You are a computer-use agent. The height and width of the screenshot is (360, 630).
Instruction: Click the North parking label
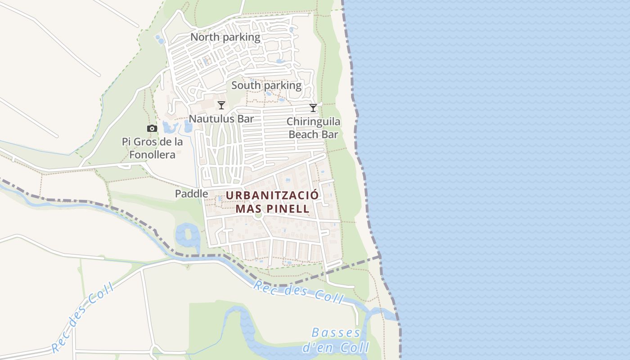[225, 37]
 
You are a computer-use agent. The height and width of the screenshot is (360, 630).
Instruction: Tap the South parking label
[266, 85]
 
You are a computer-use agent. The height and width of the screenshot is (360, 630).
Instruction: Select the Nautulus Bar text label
[221, 119]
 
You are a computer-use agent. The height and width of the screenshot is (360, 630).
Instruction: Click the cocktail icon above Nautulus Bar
[221, 105]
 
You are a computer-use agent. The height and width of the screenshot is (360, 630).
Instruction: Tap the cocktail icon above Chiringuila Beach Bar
[313, 108]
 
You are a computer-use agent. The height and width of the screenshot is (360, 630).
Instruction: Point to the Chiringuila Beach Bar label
[313, 128]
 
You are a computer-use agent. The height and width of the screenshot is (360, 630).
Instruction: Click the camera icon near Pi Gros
[152, 129]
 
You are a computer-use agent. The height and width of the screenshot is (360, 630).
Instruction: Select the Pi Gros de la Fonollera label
[152, 148]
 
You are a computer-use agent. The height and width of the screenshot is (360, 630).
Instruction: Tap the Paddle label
[192, 193]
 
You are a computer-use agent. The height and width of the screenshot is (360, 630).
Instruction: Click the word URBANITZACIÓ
[272, 196]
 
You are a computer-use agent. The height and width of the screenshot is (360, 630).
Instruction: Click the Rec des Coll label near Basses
[298, 292]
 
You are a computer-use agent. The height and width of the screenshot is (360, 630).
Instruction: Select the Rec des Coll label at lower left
[82, 318]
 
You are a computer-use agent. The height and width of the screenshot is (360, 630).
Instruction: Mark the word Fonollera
[152, 155]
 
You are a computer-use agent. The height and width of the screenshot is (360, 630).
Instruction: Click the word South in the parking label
[246, 85]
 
